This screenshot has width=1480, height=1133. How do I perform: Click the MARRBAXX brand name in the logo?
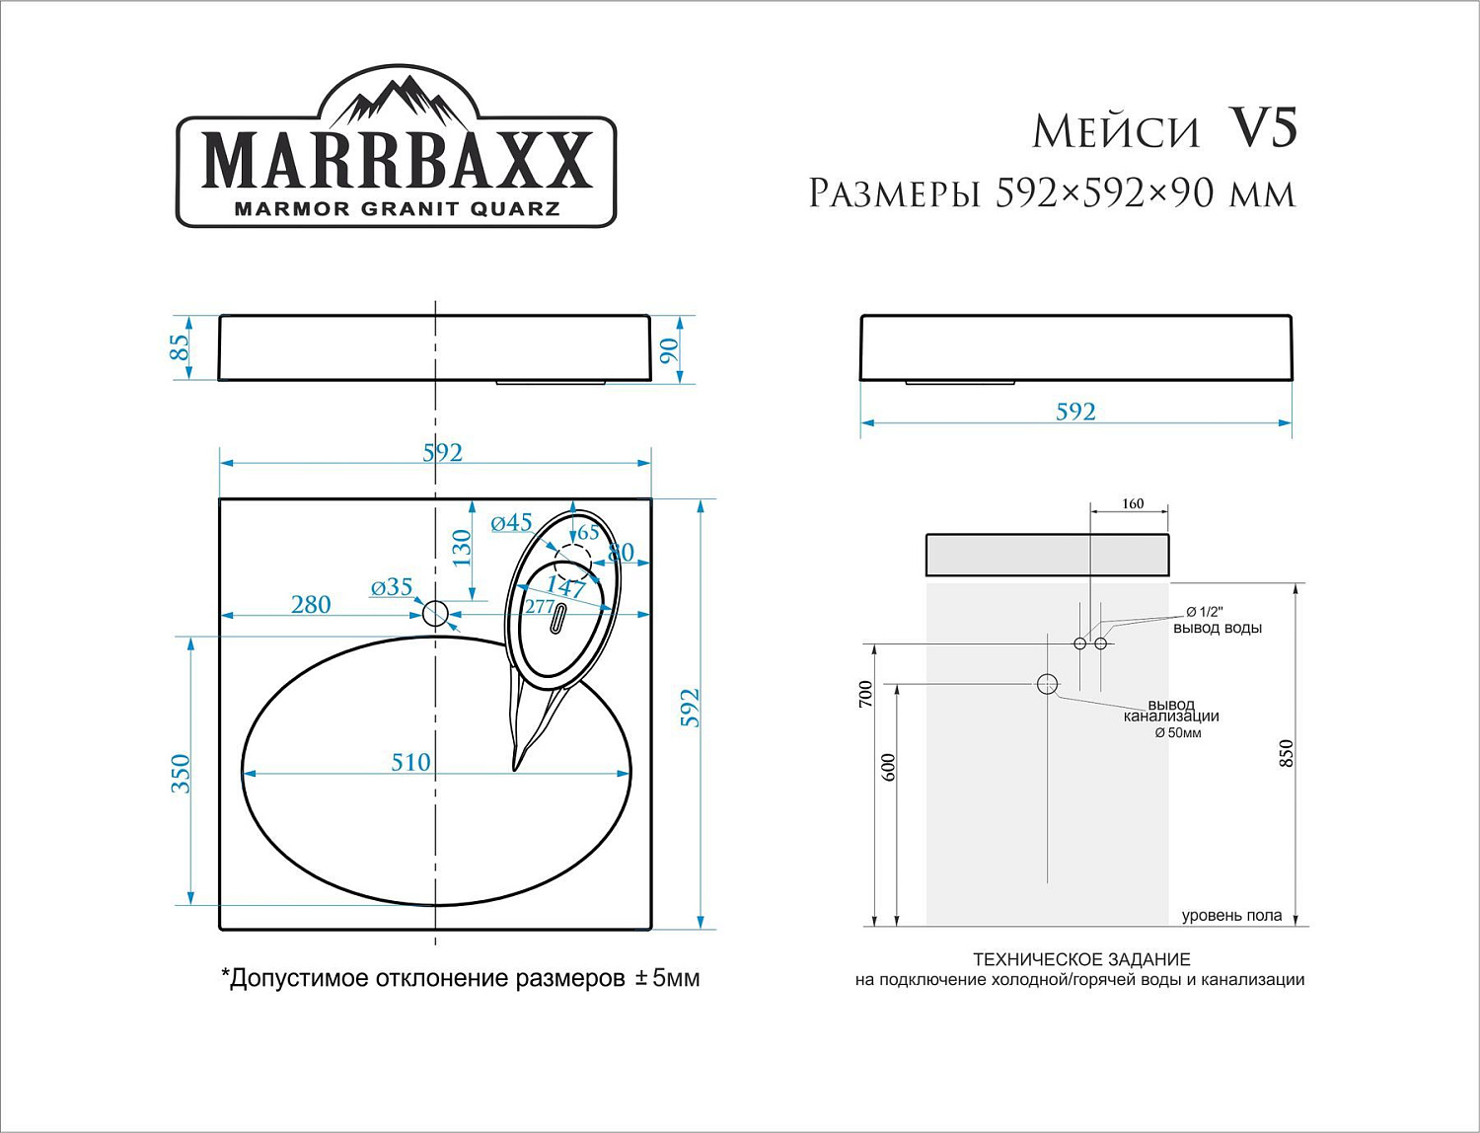point(397,160)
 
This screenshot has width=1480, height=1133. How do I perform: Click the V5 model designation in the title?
point(1263,128)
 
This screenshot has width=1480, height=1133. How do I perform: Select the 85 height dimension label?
point(179,347)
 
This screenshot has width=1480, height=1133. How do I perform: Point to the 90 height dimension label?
point(669,350)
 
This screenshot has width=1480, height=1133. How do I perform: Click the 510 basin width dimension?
point(410,762)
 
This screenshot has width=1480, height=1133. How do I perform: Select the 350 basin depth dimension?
point(181,773)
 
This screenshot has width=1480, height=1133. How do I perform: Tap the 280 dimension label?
point(311,604)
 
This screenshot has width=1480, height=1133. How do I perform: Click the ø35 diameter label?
point(392,587)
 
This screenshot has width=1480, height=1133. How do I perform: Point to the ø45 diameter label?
point(511,523)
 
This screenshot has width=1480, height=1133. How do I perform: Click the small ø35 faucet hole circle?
point(435,614)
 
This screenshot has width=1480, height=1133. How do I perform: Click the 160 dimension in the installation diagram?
point(1133,504)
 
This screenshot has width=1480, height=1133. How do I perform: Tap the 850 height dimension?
point(1286,754)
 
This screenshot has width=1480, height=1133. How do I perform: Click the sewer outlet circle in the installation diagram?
point(1047,683)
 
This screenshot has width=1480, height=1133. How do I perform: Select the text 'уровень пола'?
point(1231,916)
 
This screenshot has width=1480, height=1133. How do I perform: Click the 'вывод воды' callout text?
point(1217,628)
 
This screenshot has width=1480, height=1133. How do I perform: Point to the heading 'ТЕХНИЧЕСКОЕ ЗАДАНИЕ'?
point(1081,959)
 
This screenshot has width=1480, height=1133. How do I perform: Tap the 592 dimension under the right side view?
point(1075,412)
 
